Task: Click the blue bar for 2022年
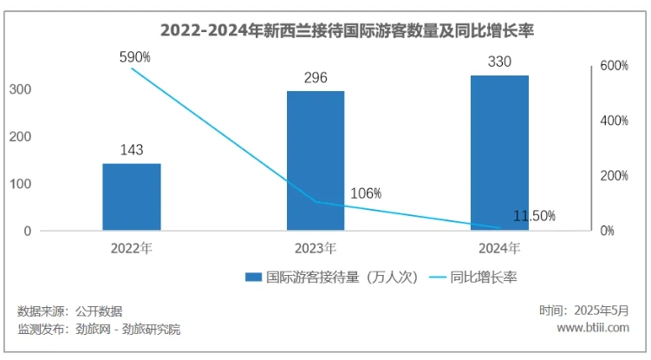(x=132, y=197)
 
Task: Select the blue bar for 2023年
(x=316, y=160)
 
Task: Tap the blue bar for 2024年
(x=499, y=153)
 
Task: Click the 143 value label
(x=132, y=149)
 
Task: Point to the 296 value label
(x=316, y=76)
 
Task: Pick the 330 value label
(x=499, y=62)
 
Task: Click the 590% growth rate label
(x=135, y=56)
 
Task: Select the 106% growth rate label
(x=366, y=193)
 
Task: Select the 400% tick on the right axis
(x=614, y=121)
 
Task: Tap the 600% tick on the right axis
(x=614, y=66)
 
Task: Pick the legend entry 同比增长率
(x=485, y=278)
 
